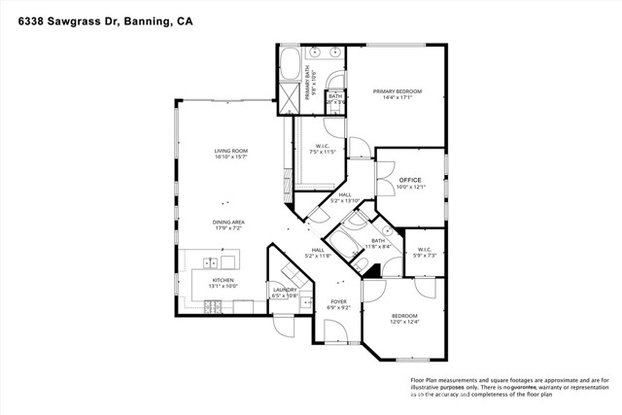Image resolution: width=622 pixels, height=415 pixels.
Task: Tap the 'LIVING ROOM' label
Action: [232, 151]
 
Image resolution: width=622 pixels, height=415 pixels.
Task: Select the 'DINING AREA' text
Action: [229, 222]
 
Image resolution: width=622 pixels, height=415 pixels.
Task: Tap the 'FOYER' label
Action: [336, 301]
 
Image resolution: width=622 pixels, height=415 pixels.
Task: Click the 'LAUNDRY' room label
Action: [285, 290]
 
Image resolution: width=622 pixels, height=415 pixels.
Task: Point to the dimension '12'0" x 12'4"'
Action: [404, 323]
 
